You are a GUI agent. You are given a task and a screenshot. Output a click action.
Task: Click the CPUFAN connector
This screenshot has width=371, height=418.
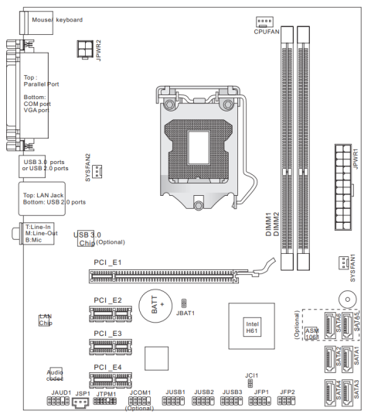264,22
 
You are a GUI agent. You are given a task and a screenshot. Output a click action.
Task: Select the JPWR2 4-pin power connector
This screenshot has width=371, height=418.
85,49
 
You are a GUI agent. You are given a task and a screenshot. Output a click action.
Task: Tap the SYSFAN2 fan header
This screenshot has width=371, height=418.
97,171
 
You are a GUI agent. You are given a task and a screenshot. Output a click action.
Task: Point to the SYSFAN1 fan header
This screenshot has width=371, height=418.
344,262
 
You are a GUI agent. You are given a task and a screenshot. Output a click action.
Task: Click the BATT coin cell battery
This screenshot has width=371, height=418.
155,306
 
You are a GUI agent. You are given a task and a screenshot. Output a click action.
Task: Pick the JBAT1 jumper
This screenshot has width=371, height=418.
184,303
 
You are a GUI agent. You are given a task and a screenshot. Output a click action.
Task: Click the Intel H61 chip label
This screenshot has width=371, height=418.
252,327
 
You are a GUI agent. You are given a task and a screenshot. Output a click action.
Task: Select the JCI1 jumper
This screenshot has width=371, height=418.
250,384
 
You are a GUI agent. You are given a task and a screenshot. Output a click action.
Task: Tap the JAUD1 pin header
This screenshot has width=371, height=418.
58,401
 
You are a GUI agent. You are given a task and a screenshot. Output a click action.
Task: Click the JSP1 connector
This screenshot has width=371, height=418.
80,403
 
